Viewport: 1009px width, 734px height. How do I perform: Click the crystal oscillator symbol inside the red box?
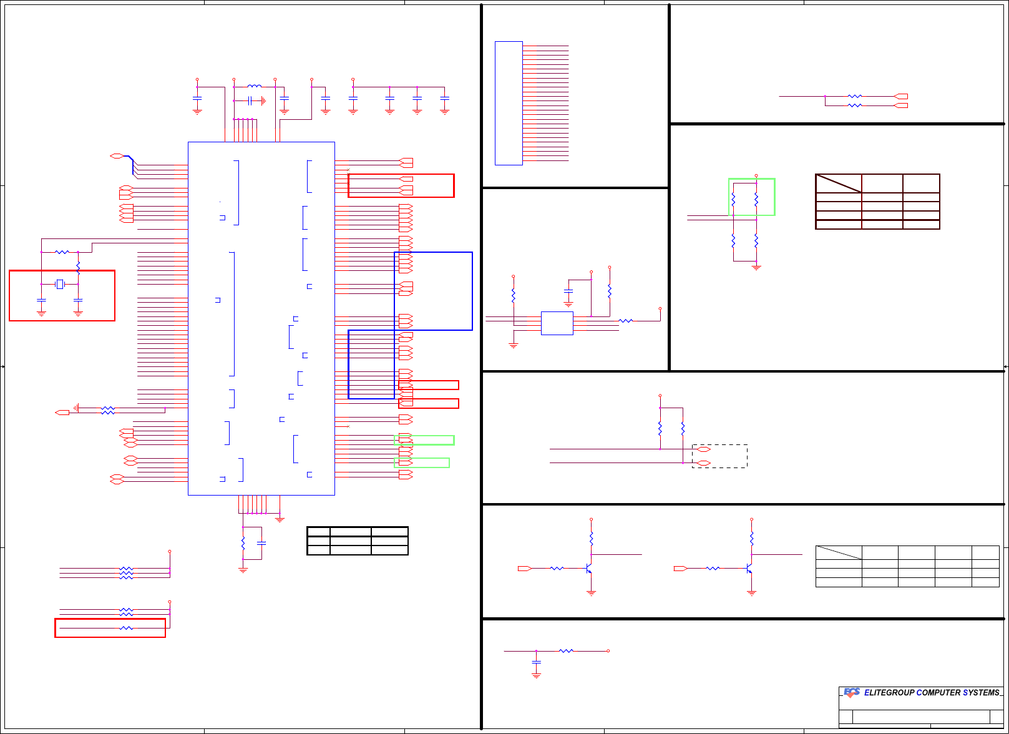tap(60, 284)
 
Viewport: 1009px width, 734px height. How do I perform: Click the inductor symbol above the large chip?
tap(255, 86)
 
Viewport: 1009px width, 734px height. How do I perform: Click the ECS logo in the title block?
tap(852, 692)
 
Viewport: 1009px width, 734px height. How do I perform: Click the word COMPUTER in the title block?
tap(938, 693)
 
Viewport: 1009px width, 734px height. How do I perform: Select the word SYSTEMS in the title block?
tap(981, 693)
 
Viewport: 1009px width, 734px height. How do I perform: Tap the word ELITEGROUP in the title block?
tap(889, 693)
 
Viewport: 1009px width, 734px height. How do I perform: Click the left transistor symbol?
tap(588, 569)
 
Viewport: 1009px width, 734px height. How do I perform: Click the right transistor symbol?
tap(749, 569)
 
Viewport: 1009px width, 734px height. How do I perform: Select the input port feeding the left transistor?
tap(524, 569)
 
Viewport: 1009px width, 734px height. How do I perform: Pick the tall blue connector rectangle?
tap(509, 103)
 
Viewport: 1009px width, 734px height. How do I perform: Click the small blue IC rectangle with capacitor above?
tap(557, 323)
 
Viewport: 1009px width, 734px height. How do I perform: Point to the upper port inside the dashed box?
tap(703, 449)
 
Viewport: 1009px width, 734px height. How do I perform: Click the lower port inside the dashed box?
tap(703, 463)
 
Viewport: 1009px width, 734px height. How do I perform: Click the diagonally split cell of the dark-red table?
tap(839, 183)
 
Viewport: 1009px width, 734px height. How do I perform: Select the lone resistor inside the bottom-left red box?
tap(126, 628)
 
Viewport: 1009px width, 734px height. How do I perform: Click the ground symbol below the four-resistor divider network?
tap(756, 268)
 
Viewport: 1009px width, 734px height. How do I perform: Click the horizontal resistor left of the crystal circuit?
tap(62, 252)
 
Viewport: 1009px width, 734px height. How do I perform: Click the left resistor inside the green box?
tap(733, 199)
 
